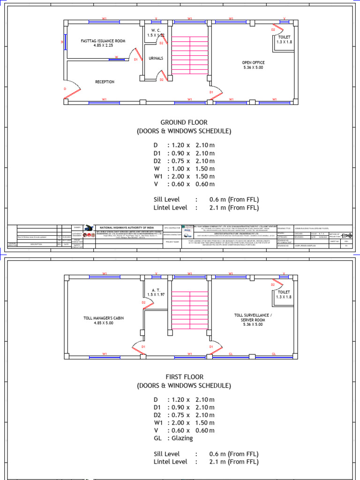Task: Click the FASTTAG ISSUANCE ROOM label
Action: coord(103,41)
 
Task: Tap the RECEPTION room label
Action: coord(105,82)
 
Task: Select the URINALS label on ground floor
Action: coord(156,58)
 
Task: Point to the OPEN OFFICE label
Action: coord(253,62)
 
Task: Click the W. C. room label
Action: coord(156,30)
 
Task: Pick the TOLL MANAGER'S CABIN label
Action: coord(104,318)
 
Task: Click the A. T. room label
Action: coord(156,290)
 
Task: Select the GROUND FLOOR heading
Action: coord(184,122)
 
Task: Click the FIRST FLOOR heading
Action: coord(184,377)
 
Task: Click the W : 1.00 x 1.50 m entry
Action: coord(184,169)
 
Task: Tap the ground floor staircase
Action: coord(190,54)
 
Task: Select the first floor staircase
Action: coord(190,308)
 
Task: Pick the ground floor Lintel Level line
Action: coord(206,208)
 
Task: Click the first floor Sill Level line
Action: coord(206,454)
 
